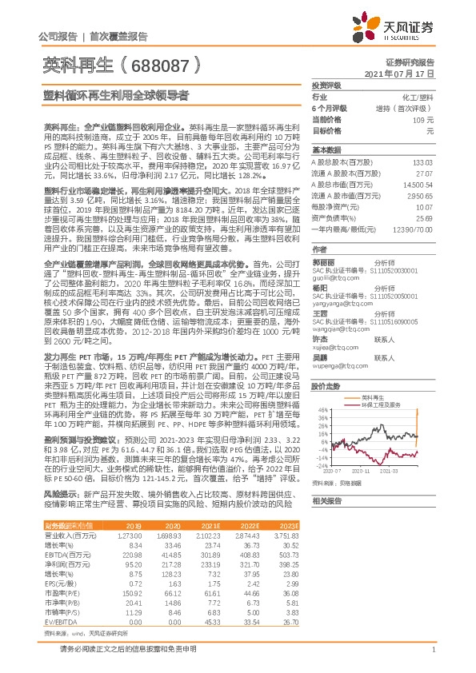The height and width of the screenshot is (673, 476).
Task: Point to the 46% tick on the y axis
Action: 322,432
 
